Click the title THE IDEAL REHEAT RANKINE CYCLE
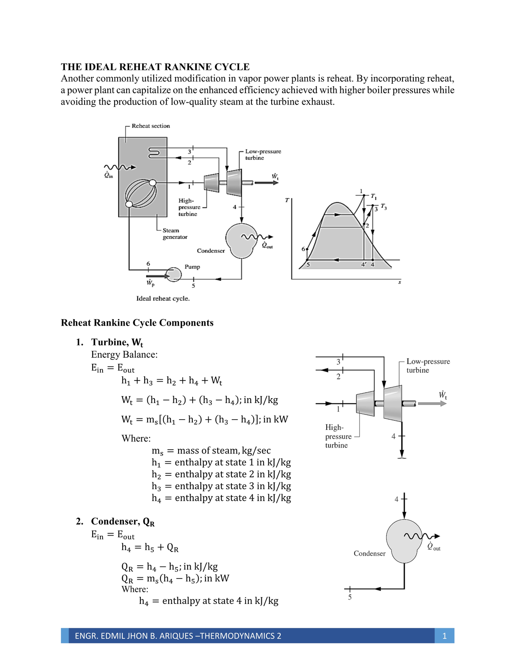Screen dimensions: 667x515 pyautogui.click(x=155, y=67)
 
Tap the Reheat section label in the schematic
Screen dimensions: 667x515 pyautogui.click(x=151, y=126)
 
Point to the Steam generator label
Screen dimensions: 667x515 pyautogui.click(x=175, y=234)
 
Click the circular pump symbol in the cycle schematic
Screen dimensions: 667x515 pyautogui.click(x=174, y=274)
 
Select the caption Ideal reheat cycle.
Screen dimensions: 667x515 pyautogui.click(x=163, y=298)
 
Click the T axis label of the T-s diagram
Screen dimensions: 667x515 pyautogui.click(x=287, y=200)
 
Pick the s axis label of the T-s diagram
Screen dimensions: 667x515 pyautogui.click(x=400, y=282)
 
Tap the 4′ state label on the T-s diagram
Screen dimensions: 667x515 pyautogui.click(x=364, y=265)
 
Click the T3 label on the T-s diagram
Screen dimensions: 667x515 pyautogui.click(x=384, y=207)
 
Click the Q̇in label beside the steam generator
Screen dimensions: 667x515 pyautogui.click(x=108, y=175)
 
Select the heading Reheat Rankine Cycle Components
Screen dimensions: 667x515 pyautogui.click(x=137, y=323)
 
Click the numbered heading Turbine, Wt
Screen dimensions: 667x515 pyautogui.click(x=117, y=342)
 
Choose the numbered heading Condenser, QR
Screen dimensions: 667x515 pyautogui.click(x=123, y=521)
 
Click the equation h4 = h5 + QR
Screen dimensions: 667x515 pyautogui.click(x=150, y=548)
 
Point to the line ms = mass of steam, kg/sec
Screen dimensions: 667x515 pyautogui.click(x=211, y=451)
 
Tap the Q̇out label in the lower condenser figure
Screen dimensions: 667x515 pyautogui.click(x=433, y=546)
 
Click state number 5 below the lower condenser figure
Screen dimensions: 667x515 pyautogui.click(x=350, y=597)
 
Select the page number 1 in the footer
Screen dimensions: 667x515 pyautogui.click(x=444, y=636)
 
